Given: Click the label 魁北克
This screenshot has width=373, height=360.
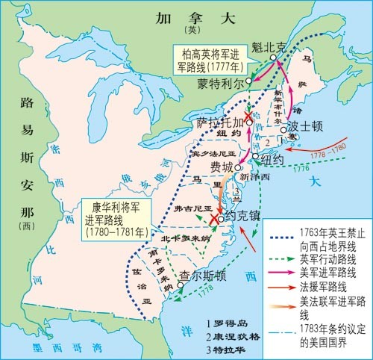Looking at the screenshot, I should tap(269, 46).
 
